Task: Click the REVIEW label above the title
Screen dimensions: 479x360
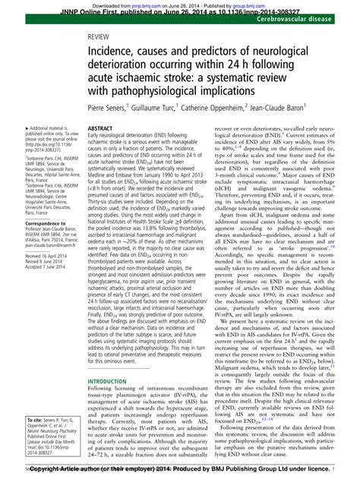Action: [97, 36]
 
